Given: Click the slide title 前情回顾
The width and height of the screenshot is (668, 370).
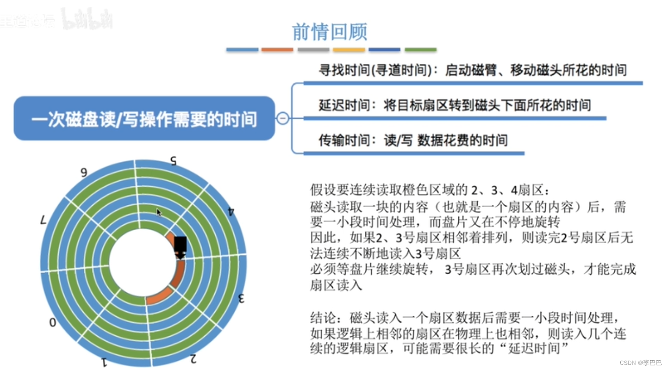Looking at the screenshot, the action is [329, 32].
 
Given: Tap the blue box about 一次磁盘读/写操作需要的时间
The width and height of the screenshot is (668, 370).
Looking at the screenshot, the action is [144, 119].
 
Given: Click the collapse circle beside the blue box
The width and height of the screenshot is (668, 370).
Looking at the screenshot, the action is [283, 118].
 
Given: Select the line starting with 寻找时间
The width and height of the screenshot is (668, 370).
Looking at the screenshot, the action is [472, 70].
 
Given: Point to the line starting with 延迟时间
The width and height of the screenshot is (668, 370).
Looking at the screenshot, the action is [454, 105].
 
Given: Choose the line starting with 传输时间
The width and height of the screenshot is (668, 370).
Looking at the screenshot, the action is [413, 140].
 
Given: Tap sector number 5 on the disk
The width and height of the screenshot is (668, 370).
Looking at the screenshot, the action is [173, 161].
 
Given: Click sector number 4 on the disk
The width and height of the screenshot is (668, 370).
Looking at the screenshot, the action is [231, 211].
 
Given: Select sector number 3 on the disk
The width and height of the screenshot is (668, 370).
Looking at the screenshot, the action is [241, 298].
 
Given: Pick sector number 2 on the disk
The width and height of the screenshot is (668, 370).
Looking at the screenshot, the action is [193, 359].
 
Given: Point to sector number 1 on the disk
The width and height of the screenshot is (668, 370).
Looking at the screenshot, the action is [104, 362].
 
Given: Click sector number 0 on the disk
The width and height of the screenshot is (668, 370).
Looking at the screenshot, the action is [52, 323].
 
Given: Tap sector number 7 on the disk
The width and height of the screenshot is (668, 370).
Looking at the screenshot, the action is [43, 220].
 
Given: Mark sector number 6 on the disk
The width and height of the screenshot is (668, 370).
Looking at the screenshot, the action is [84, 172].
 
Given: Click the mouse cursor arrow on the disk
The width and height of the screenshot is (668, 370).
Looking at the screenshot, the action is [159, 212].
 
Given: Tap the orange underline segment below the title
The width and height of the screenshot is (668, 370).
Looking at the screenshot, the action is [277, 50].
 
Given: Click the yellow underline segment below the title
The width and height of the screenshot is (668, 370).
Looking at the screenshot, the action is [348, 50].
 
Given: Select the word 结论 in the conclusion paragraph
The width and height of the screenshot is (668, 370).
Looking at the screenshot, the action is [323, 318].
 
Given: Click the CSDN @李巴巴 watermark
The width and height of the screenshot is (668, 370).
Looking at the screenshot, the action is [640, 363].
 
